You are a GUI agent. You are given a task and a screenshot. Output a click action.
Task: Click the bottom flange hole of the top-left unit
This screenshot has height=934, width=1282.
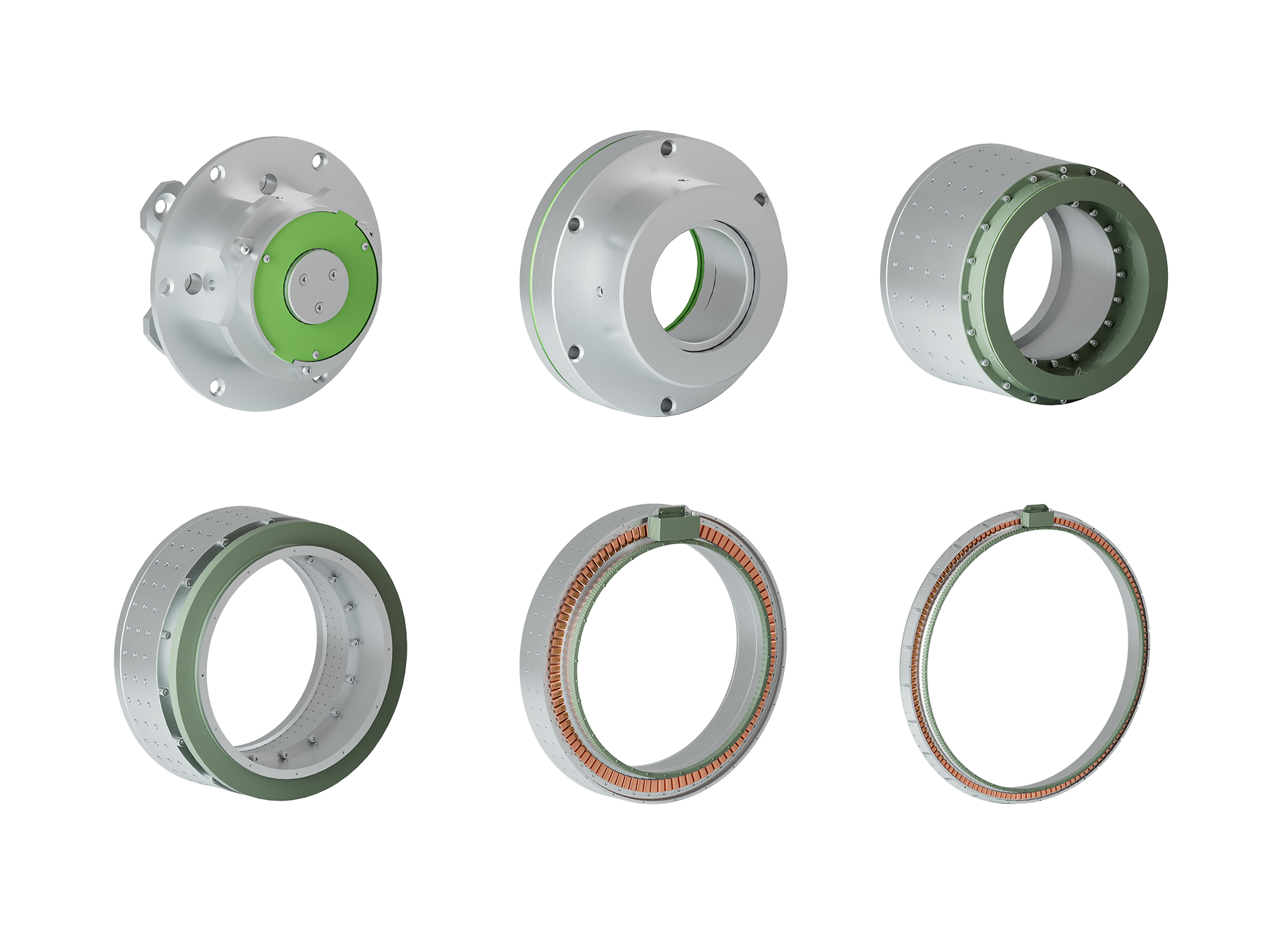coord(218,386)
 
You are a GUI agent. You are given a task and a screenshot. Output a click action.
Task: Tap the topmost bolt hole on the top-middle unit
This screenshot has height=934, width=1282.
coord(666,148)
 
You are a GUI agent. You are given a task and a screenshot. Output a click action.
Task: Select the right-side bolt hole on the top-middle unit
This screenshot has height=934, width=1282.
coord(760,198)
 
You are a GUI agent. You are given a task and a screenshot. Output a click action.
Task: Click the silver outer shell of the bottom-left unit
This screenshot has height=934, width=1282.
coord(144,654)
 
